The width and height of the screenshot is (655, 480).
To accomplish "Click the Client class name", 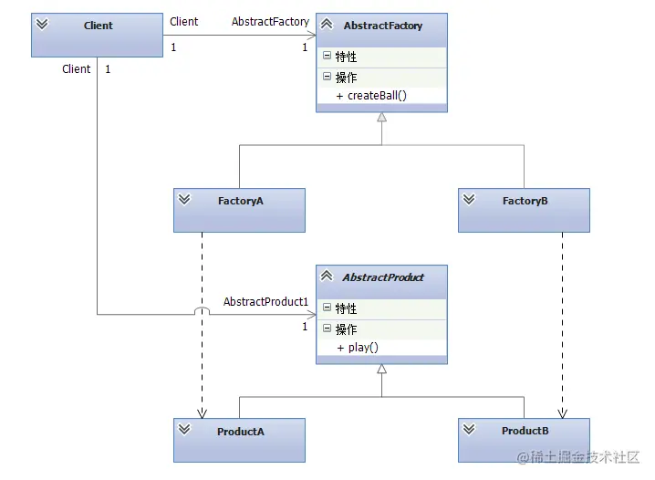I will (99, 26).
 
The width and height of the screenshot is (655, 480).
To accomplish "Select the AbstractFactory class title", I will (383, 26).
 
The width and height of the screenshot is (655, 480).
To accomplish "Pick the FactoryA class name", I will (241, 201).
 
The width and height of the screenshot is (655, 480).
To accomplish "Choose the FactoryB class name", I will (525, 201).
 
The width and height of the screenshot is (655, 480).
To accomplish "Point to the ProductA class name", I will (241, 432).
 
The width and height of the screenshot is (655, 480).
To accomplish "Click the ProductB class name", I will (525, 431).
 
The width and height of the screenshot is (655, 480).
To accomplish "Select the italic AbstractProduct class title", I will (383, 277).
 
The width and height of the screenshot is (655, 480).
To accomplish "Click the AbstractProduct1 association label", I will (265, 302).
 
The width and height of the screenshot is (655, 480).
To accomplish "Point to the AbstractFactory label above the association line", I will (270, 21).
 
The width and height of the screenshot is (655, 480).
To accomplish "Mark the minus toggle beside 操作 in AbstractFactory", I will (327, 78).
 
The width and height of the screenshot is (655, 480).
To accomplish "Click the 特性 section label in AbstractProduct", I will (346, 308).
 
